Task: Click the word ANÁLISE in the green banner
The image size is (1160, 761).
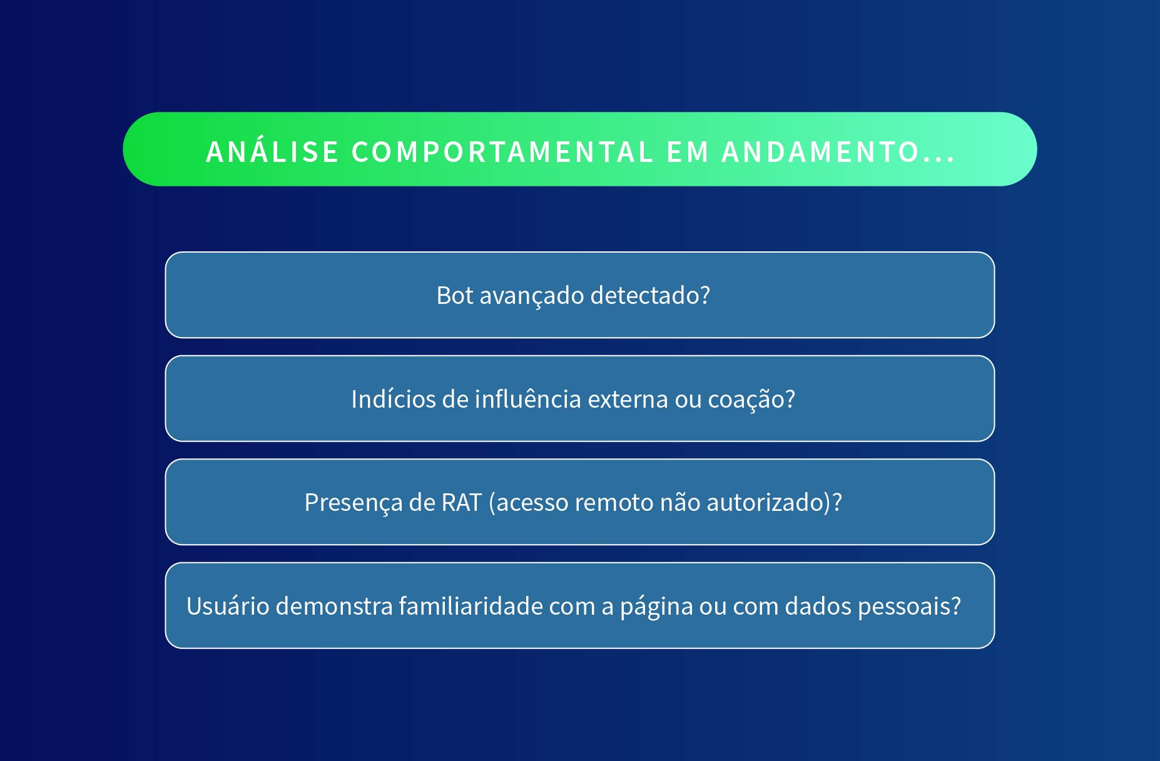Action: (x=273, y=152)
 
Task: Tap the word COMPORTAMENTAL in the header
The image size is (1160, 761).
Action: (x=502, y=152)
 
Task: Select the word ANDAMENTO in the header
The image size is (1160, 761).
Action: (x=820, y=152)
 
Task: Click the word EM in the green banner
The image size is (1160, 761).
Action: (x=688, y=152)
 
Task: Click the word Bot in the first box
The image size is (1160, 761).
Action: (x=455, y=295)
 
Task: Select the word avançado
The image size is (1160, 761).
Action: (x=531, y=296)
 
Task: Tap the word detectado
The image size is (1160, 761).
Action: (x=644, y=295)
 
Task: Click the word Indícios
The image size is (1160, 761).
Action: (x=393, y=399)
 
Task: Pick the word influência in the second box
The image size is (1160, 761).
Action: (x=528, y=399)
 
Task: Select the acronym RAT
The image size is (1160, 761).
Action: (x=461, y=502)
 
